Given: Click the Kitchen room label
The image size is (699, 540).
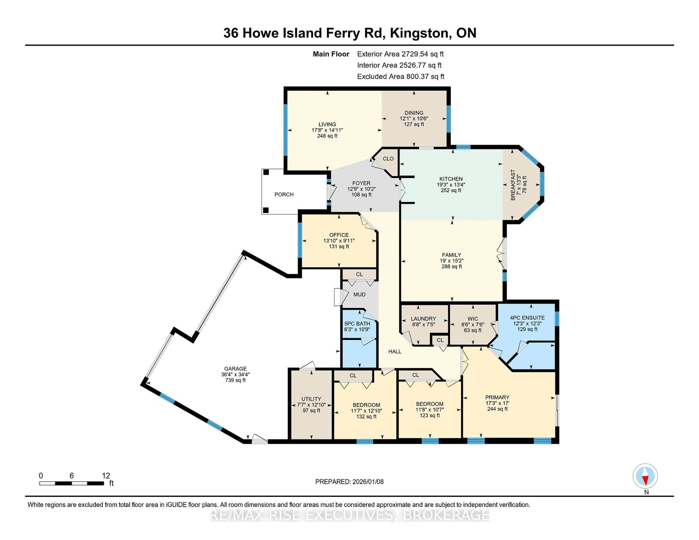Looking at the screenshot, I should pyautogui.click(x=451, y=179).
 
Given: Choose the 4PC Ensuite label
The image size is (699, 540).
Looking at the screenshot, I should pyautogui.click(x=527, y=318).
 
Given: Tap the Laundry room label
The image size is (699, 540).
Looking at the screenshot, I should pyautogui.click(x=423, y=319).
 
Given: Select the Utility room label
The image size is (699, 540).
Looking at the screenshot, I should pyautogui.click(x=311, y=399).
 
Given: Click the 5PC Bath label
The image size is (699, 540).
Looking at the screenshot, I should pyautogui.click(x=357, y=323).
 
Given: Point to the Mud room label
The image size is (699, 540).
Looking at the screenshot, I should pyautogui.click(x=359, y=294).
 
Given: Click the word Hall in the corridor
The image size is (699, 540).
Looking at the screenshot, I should pyautogui.click(x=395, y=352).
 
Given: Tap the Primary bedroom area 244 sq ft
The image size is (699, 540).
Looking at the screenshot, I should pyautogui.click(x=497, y=409).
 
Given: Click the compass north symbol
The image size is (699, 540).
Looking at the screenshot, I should pyautogui.click(x=645, y=476).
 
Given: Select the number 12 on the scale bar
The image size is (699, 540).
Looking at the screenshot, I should pyautogui.click(x=106, y=476).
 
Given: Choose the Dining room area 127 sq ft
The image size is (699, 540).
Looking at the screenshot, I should pyautogui.click(x=414, y=124).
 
